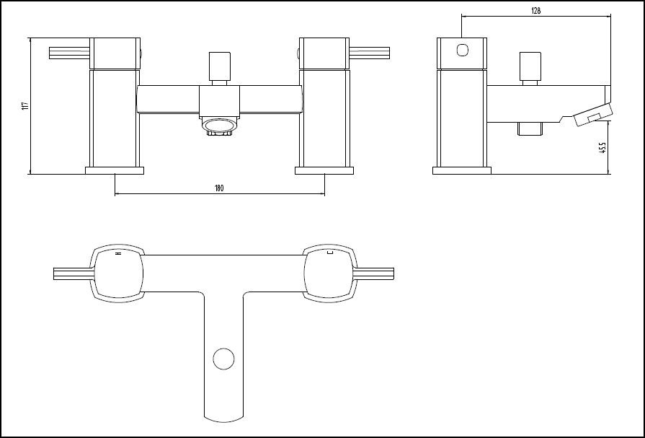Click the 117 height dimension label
coord(25,105)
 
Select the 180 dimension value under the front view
coord(219,188)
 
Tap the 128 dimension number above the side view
coord(535,11)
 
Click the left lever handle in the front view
coord(68,53)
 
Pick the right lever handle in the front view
coord(370,53)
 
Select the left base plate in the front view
coord(115,171)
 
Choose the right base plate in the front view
coord(324,171)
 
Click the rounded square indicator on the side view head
coord(462,51)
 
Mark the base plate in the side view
coord(462,171)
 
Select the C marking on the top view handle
coord(329,253)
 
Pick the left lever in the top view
coord(72,273)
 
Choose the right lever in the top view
coord(375,273)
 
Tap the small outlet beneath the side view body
coord(530,130)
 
